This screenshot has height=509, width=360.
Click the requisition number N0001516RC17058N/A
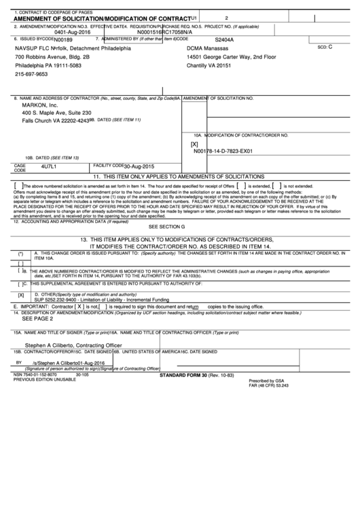pyautogui.click(x=168, y=31)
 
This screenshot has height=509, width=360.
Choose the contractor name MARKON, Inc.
pyautogui.click(x=39, y=105)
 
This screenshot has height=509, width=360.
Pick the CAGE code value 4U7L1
pyautogui.click(x=49, y=166)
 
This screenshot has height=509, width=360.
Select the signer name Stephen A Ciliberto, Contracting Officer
pyautogui.click(x=73, y=346)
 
